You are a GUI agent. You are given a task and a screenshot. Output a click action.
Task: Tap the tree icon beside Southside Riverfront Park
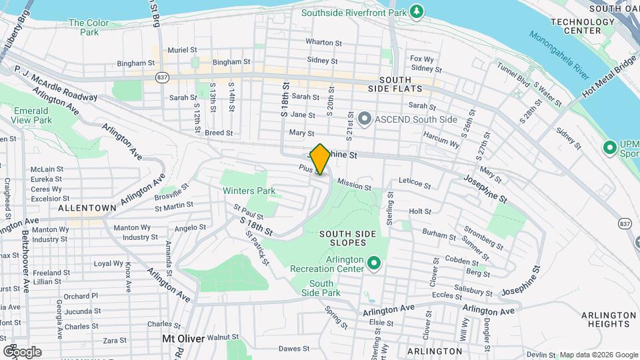click(x=417, y=11)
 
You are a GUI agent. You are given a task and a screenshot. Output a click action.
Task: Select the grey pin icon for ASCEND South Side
click(x=364, y=119)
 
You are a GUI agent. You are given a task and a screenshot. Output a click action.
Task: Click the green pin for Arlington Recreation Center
click(x=374, y=264)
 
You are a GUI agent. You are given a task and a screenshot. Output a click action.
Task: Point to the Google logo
click(x=22, y=351)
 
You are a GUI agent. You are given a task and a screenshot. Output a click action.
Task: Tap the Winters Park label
click(x=249, y=191)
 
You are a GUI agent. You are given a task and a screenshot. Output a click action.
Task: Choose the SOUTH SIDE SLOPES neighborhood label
click(x=347, y=238)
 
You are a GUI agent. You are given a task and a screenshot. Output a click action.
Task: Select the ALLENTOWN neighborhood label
click(x=87, y=208)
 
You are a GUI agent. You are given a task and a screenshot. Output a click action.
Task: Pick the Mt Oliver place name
click(x=182, y=338)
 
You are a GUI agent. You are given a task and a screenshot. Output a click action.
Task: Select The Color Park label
click(x=89, y=27)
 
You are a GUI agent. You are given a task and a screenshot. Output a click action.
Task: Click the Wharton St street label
click(x=324, y=42)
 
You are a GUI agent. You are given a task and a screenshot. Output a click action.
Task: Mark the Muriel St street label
click(x=182, y=50)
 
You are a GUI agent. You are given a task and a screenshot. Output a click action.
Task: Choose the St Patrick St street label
click(x=257, y=247)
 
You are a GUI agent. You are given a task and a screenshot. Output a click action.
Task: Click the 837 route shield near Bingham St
click(x=163, y=77)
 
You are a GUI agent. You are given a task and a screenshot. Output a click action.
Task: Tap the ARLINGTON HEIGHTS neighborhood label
click(x=605, y=319)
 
